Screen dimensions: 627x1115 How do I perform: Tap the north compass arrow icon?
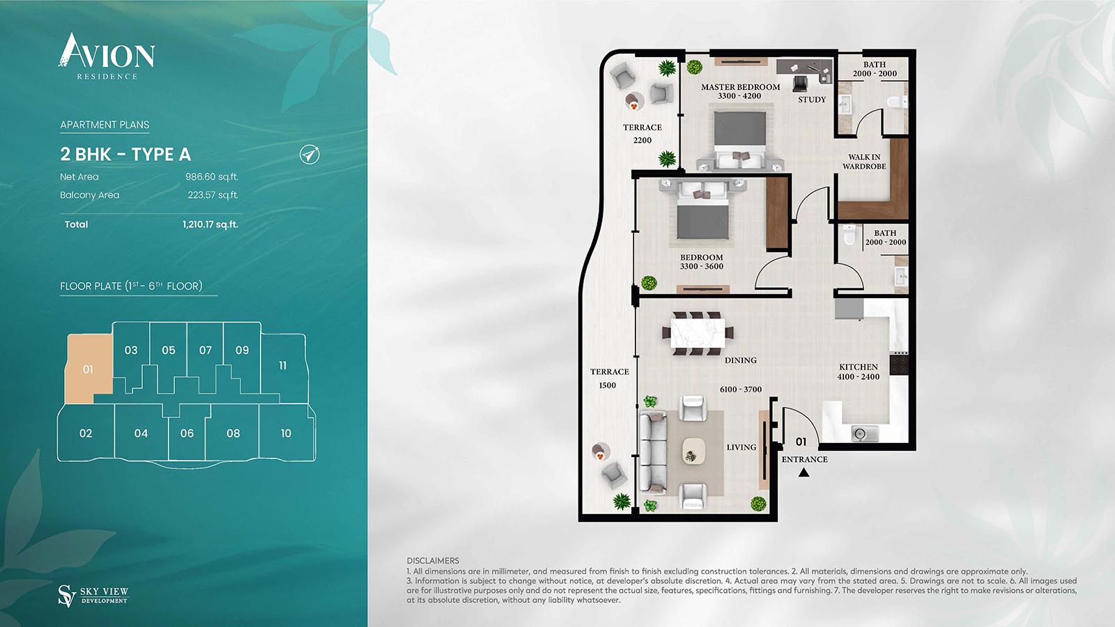(309, 154)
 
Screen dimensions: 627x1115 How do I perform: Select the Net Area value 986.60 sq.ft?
(211, 177)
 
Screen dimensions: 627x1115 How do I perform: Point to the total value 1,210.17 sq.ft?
(210, 224)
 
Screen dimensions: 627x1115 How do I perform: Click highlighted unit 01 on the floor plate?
(89, 369)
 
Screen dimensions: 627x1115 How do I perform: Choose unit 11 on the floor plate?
(282, 365)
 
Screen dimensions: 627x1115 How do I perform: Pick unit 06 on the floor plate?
(187, 433)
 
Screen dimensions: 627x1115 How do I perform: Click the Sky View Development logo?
(93, 595)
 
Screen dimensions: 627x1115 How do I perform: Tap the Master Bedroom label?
(740, 87)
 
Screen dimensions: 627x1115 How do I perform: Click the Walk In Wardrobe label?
(864, 162)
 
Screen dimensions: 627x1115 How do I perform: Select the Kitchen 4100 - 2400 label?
(859, 371)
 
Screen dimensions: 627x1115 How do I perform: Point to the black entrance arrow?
(803, 472)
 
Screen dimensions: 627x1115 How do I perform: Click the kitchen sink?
(861, 434)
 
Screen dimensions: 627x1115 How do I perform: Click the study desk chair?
(800, 84)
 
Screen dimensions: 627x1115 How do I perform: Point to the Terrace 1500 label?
(609, 378)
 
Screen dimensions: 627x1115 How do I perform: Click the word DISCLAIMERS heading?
(433, 561)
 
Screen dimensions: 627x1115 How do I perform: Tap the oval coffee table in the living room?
(693, 451)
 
